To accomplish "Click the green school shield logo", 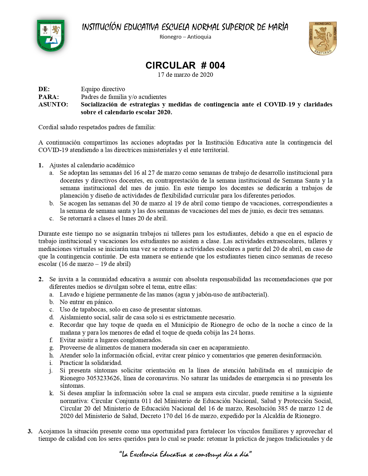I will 51,36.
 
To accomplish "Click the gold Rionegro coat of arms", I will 323,38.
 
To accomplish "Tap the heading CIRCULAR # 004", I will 185,65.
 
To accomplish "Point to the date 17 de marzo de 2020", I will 185,75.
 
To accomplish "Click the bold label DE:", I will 44,89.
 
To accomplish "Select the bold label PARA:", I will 48,97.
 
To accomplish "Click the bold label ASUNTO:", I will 53,104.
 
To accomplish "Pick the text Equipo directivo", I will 103,89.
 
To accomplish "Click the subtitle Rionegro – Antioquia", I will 185,37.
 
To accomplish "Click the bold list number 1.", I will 41,165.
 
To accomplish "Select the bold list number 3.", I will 30,431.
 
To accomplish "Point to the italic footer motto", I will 185,455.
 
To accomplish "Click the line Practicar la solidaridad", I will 91,363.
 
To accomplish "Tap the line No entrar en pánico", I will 87,302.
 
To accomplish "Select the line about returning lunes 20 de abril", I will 113,218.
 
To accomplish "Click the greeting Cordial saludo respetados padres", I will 97,127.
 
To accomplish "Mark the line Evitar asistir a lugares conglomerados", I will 111,340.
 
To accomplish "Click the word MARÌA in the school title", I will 278,27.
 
